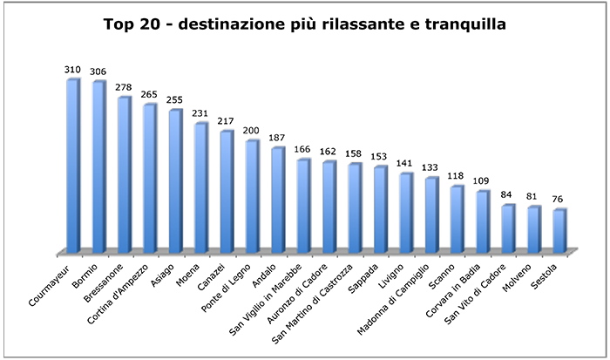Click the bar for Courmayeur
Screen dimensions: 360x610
tap(73, 166)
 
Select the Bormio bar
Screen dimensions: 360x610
tap(98, 167)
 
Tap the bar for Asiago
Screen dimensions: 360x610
tap(175, 181)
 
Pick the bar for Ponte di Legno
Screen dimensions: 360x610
tap(252, 196)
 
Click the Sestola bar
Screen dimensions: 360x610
tap(559, 231)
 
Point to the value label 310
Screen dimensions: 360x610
tap(73, 69)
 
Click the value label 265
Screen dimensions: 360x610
tap(150, 94)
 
